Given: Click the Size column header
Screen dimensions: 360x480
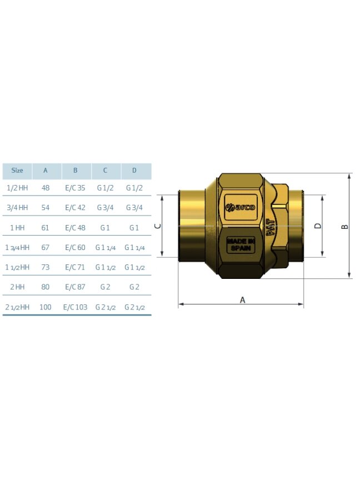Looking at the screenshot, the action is point(17,170).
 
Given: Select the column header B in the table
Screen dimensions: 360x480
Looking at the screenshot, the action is point(76,170).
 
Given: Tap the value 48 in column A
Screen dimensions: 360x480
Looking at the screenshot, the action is point(46,188).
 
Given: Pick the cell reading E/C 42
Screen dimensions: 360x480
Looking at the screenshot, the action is point(76,208).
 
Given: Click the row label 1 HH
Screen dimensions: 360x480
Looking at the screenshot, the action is point(17,228).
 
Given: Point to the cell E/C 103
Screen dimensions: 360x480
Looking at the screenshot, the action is point(76,307).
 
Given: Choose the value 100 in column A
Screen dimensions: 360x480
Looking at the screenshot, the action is point(46,307).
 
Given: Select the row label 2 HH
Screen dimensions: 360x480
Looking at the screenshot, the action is point(17,287).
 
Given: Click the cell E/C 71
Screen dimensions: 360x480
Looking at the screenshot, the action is point(75,267).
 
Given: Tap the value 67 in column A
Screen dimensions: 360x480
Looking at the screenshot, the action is point(46,247).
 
